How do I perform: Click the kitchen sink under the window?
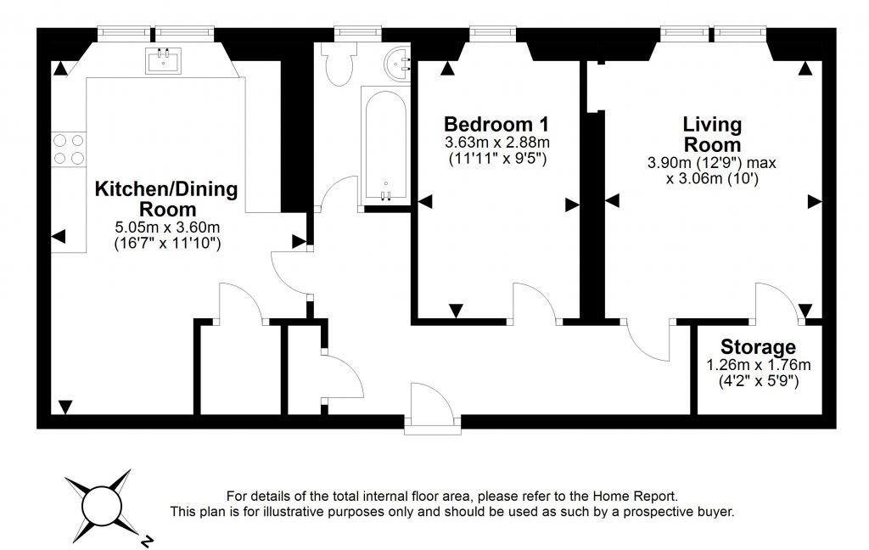pyautogui.click(x=164, y=60)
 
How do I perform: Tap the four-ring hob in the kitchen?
pyautogui.click(x=70, y=149)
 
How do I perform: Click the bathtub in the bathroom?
pyautogui.click(x=386, y=145)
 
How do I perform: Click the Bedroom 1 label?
pyautogui.click(x=496, y=124)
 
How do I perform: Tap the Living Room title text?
pyautogui.click(x=712, y=134)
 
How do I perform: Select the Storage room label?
pyautogui.click(x=758, y=347)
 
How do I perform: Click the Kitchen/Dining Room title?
pyautogui.click(x=167, y=199)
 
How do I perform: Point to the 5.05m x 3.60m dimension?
pyautogui.click(x=167, y=227)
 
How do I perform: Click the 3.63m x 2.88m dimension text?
pyautogui.click(x=497, y=143)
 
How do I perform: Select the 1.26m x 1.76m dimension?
pyautogui.click(x=758, y=365)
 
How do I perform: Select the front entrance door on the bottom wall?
pyautogui.click(x=432, y=409)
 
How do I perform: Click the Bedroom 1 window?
pyautogui.click(x=493, y=34)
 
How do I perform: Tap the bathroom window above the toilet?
pyautogui.click(x=358, y=34)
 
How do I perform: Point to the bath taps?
pyautogui.click(x=386, y=194)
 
